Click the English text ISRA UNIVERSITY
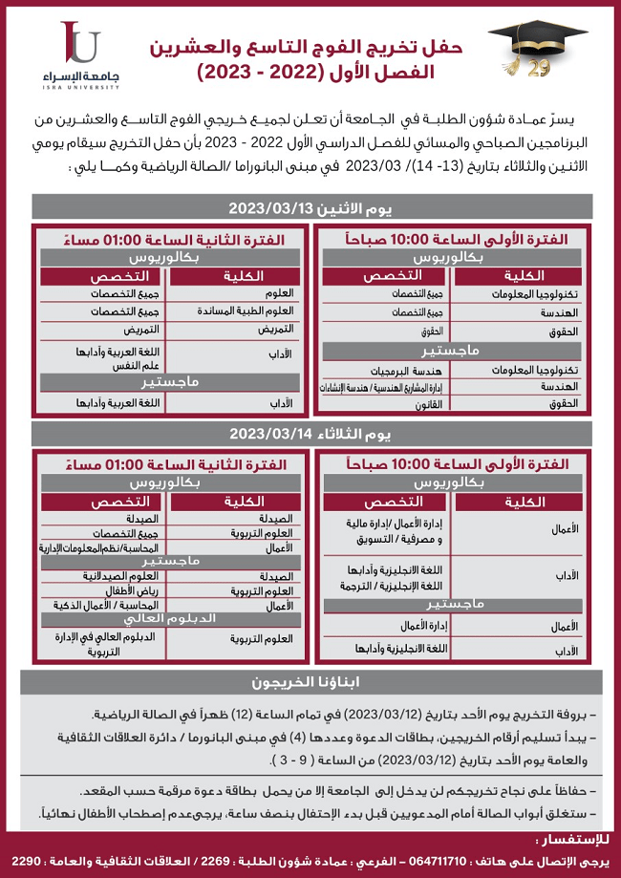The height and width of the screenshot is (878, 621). (80, 87)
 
